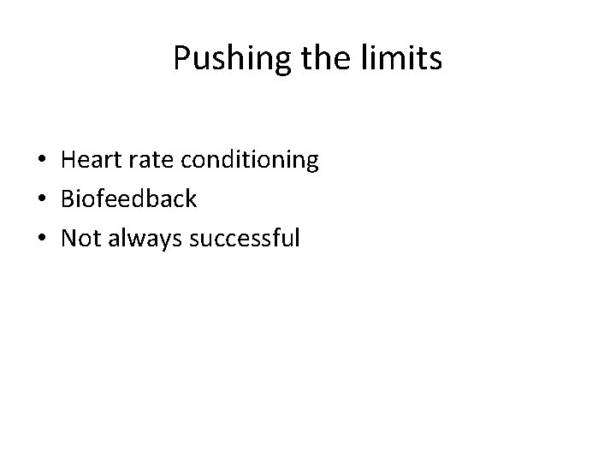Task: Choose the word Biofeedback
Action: pyautogui.click(x=128, y=199)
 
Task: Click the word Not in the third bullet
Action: pyautogui.click(x=80, y=239)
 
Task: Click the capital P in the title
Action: pyautogui.click(x=180, y=57)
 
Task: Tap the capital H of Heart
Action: pyautogui.click(x=68, y=160)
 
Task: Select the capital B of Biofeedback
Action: pyautogui.click(x=67, y=199)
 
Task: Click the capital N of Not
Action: pyautogui.click(x=68, y=239)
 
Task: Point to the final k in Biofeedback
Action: pyautogui.click(x=192, y=198)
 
